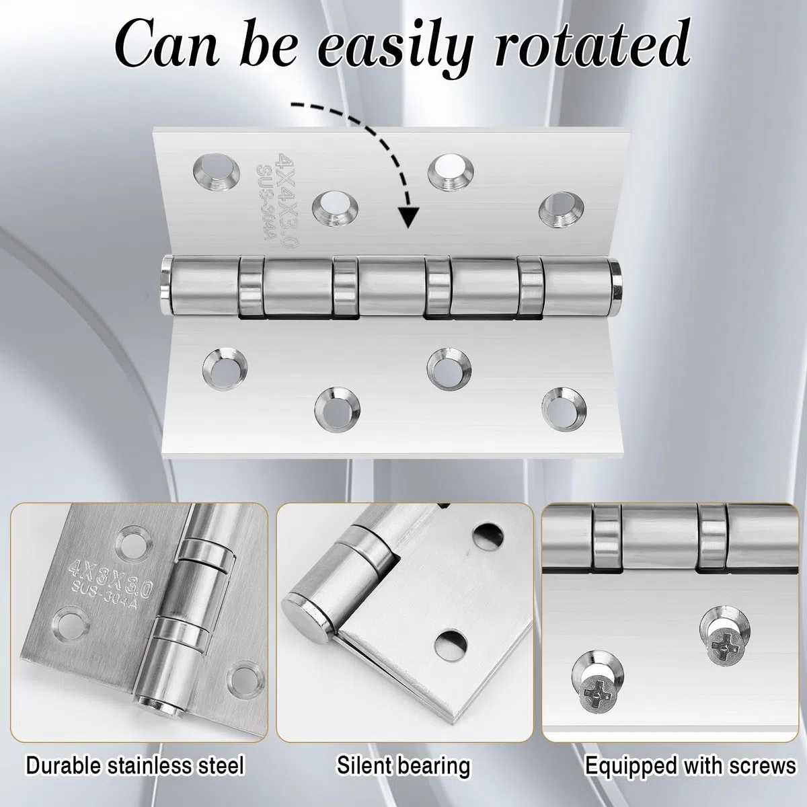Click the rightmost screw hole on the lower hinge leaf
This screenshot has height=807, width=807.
(x=564, y=410)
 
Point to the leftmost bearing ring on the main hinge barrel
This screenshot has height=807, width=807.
(x=252, y=287)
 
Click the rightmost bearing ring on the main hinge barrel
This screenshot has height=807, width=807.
(x=530, y=289)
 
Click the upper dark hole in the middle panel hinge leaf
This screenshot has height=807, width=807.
(x=488, y=535)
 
